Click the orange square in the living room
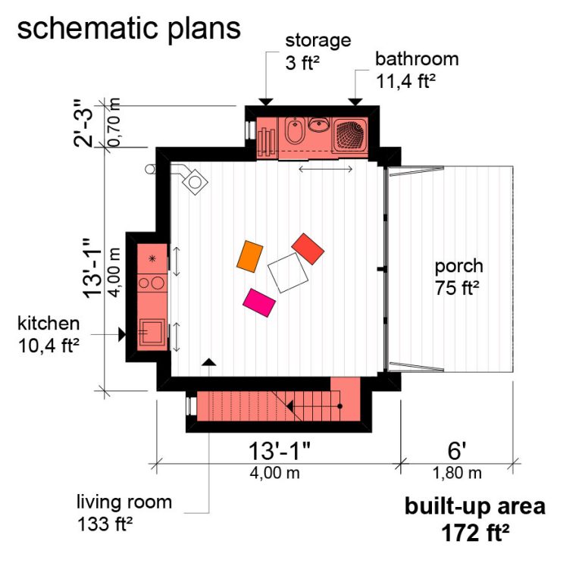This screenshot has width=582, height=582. (249, 255)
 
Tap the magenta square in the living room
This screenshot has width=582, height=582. (259, 302)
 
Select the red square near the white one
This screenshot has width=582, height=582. (308, 249)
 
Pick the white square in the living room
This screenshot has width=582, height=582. (288, 273)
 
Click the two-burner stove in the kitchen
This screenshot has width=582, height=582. (152, 283)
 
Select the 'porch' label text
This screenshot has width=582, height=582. (458, 267)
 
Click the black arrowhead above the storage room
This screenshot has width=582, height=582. (265, 102)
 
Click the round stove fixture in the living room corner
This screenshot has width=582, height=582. (196, 183)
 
